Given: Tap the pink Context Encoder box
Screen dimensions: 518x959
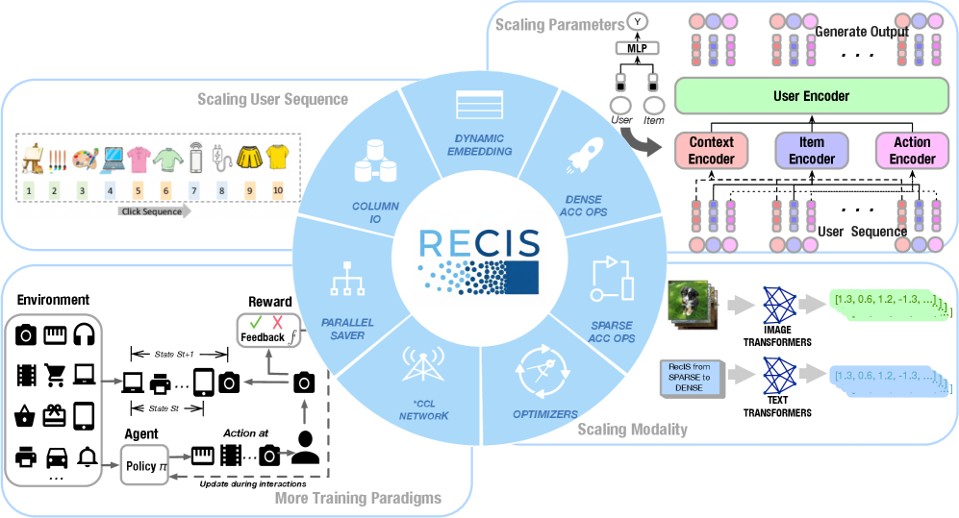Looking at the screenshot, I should pyautogui.click(x=712, y=151).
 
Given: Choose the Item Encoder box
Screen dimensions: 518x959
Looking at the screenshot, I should pyautogui.click(x=812, y=151).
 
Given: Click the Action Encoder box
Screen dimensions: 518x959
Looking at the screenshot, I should pyautogui.click(x=912, y=151).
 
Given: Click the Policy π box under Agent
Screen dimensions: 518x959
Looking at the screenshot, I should pyautogui.click(x=143, y=466).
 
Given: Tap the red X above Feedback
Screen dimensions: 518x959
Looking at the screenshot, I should pyautogui.click(x=276, y=322).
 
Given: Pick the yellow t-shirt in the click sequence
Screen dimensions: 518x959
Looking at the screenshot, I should pyautogui.click(x=278, y=156).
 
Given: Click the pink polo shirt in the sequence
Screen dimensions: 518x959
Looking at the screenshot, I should pyautogui.click(x=139, y=156).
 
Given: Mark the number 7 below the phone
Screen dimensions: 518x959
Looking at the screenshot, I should pyautogui.click(x=193, y=191).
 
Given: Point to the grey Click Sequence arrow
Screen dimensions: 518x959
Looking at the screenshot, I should pyautogui.click(x=154, y=211).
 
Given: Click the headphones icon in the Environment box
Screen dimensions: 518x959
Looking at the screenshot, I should pyautogui.click(x=88, y=333).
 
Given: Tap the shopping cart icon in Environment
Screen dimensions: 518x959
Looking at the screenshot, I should pyautogui.click(x=57, y=374).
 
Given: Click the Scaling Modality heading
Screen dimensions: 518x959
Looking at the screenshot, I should pyautogui.click(x=632, y=429).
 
